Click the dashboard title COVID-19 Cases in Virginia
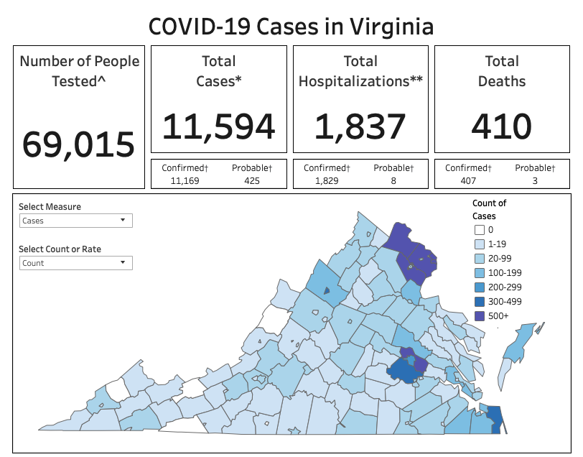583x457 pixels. click(x=291, y=27)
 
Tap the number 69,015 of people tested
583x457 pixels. click(x=78, y=144)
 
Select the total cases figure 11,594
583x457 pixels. click(x=218, y=126)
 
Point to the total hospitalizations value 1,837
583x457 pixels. click(x=360, y=126)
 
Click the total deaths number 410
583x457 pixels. click(x=502, y=126)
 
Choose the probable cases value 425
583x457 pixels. click(x=251, y=180)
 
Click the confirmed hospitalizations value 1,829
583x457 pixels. click(x=326, y=180)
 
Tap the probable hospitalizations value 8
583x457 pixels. click(x=393, y=180)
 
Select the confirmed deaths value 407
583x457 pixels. click(x=467, y=180)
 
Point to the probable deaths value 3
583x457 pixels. click(x=535, y=180)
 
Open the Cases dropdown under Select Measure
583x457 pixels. click(x=75, y=221)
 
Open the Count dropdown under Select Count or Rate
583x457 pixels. click(x=75, y=263)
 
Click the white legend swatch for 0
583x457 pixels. click(x=479, y=230)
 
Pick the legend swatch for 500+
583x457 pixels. click(x=479, y=316)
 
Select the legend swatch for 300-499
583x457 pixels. click(x=479, y=302)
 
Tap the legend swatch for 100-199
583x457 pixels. click(x=479, y=273)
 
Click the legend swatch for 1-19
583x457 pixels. click(x=479, y=244)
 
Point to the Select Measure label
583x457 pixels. click(x=50, y=207)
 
